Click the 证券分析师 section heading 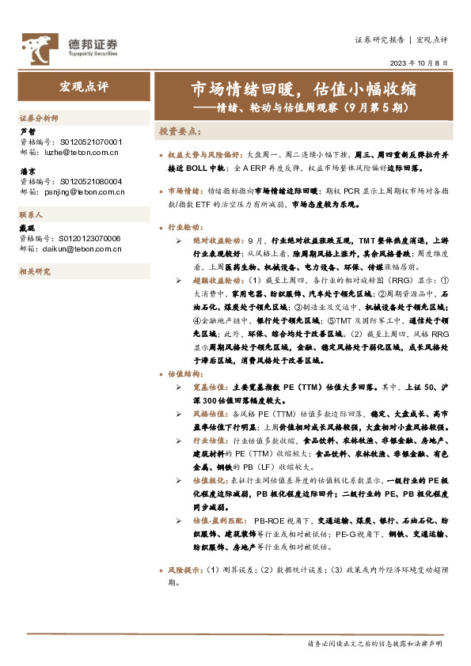click(39, 117)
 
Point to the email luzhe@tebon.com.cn click(67, 150)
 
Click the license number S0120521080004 click(91, 181)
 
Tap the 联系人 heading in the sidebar click(31, 215)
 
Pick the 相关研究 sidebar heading click(34, 271)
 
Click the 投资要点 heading click(180, 131)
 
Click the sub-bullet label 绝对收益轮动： click(218, 238)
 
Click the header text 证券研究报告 click(379, 40)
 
